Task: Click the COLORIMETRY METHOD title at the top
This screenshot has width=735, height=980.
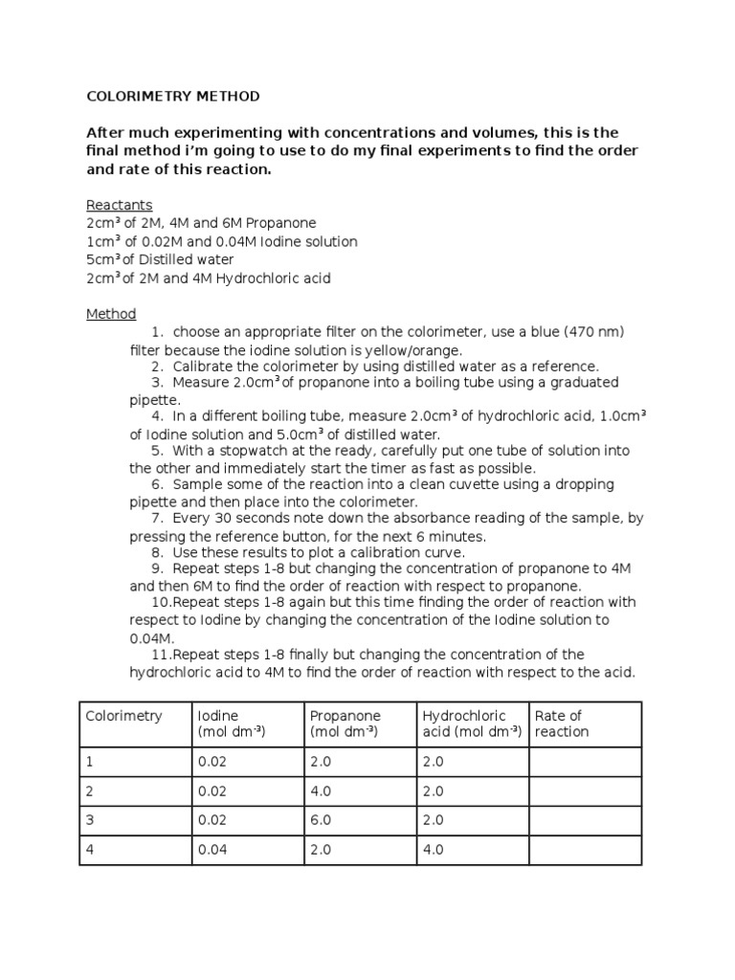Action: [x=172, y=97]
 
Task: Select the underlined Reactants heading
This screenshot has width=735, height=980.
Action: [x=119, y=206]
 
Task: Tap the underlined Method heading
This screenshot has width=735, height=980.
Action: [x=111, y=314]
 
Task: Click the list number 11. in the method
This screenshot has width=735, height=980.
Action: [x=161, y=655]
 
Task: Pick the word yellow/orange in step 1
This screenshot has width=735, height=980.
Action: [x=410, y=349]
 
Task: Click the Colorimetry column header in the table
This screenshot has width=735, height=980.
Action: [x=124, y=716]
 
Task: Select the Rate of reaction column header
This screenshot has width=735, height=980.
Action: [x=562, y=724]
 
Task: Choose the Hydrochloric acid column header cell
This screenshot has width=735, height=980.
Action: [x=472, y=724]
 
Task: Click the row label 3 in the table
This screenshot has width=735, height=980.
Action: [x=90, y=822]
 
